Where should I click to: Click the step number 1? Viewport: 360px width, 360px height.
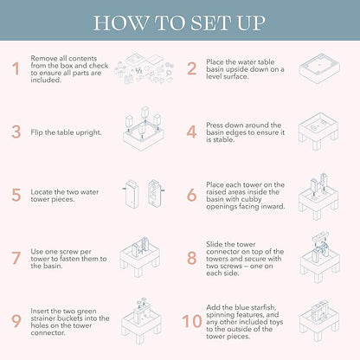click(x=16, y=69)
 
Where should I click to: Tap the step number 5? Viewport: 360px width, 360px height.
click(x=16, y=195)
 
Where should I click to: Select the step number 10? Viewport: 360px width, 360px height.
click(x=192, y=321)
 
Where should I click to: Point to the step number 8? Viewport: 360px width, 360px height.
click(x=192, y=258)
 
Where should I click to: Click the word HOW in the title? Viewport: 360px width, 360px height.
click(x=120, y=23)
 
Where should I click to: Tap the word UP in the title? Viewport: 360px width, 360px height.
click(x=251, y=23)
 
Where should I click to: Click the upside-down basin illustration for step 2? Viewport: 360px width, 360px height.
click(x=319, y=68)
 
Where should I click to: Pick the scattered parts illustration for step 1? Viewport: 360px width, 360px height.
click(x=145, y=68)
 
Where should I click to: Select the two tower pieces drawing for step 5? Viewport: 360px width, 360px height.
click(x=144, y=194)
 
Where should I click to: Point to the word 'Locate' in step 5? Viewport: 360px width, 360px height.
click(x=42, y=192)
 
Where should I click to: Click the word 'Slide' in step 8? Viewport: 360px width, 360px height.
click(x=215, y=244)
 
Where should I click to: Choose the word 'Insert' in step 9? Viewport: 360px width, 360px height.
click(x=40, y=311)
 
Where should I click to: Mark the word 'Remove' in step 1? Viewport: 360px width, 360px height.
click(x=45, y=58)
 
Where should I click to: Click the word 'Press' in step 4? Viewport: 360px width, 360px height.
click(x=215, y=125)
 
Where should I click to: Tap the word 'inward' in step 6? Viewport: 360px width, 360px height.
click(x=273, y=207)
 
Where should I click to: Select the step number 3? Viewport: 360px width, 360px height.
click(x=16, y=132)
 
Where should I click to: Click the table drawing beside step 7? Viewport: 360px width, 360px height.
click(x=140, y=256)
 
